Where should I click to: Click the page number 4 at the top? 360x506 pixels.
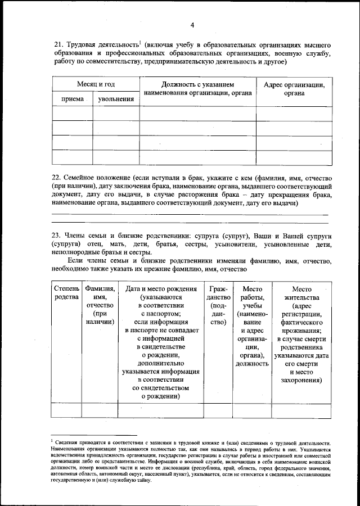[x=192, y=25]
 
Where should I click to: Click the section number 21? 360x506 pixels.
[x=57, y=44]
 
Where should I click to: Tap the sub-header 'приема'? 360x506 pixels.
[x=73, y=99]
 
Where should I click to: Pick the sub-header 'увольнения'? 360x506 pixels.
[x=116, y=99]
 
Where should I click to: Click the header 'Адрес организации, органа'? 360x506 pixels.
[x=294, y=89]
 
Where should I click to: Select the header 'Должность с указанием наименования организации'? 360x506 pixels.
[x=197, y=89]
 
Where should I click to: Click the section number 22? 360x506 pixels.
[x=57, y=176]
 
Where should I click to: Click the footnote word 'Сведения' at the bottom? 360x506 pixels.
[x=70, y=444]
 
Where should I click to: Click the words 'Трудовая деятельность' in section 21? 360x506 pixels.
[x=102, y=44]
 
